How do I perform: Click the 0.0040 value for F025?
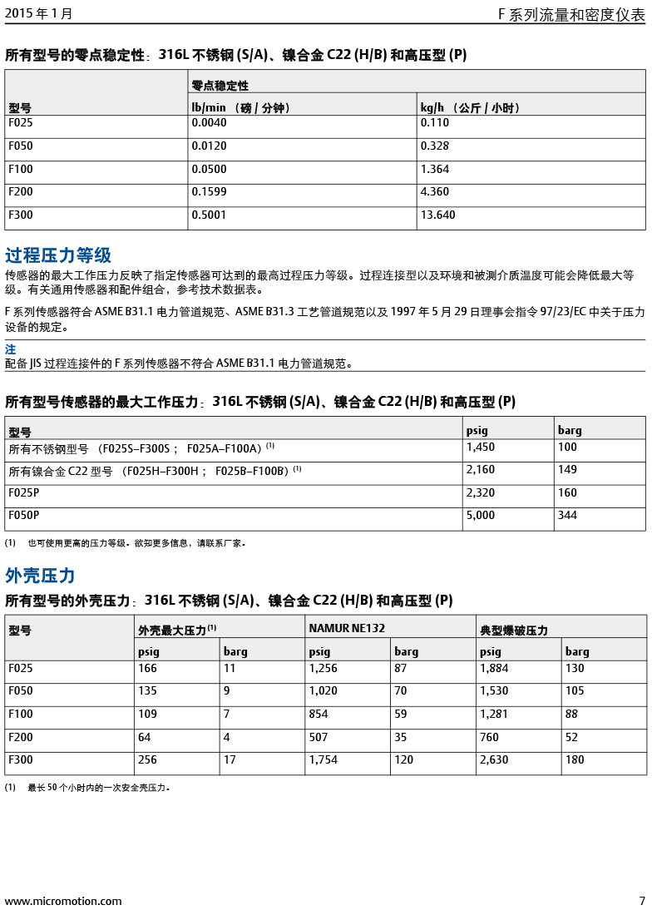coord(209,123)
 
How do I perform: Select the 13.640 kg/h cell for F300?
coord(437,215)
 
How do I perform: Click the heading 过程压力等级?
coord(58,255)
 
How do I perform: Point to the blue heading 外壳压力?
coord(40,576)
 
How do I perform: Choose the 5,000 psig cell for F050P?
coord(480,516)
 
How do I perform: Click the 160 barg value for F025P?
coord(567,493)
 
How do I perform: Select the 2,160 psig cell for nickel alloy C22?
coord(480,470)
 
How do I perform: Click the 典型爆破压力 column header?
coord(514,631)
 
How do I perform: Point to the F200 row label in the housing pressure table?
coord(21,737)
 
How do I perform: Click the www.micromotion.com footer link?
coord(63,901)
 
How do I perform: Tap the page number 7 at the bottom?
coord(641,901)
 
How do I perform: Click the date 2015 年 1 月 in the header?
coord(38,13)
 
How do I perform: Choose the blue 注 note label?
coord(10,350)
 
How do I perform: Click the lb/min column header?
coord(241,108)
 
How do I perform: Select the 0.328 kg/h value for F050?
coord(434,146)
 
